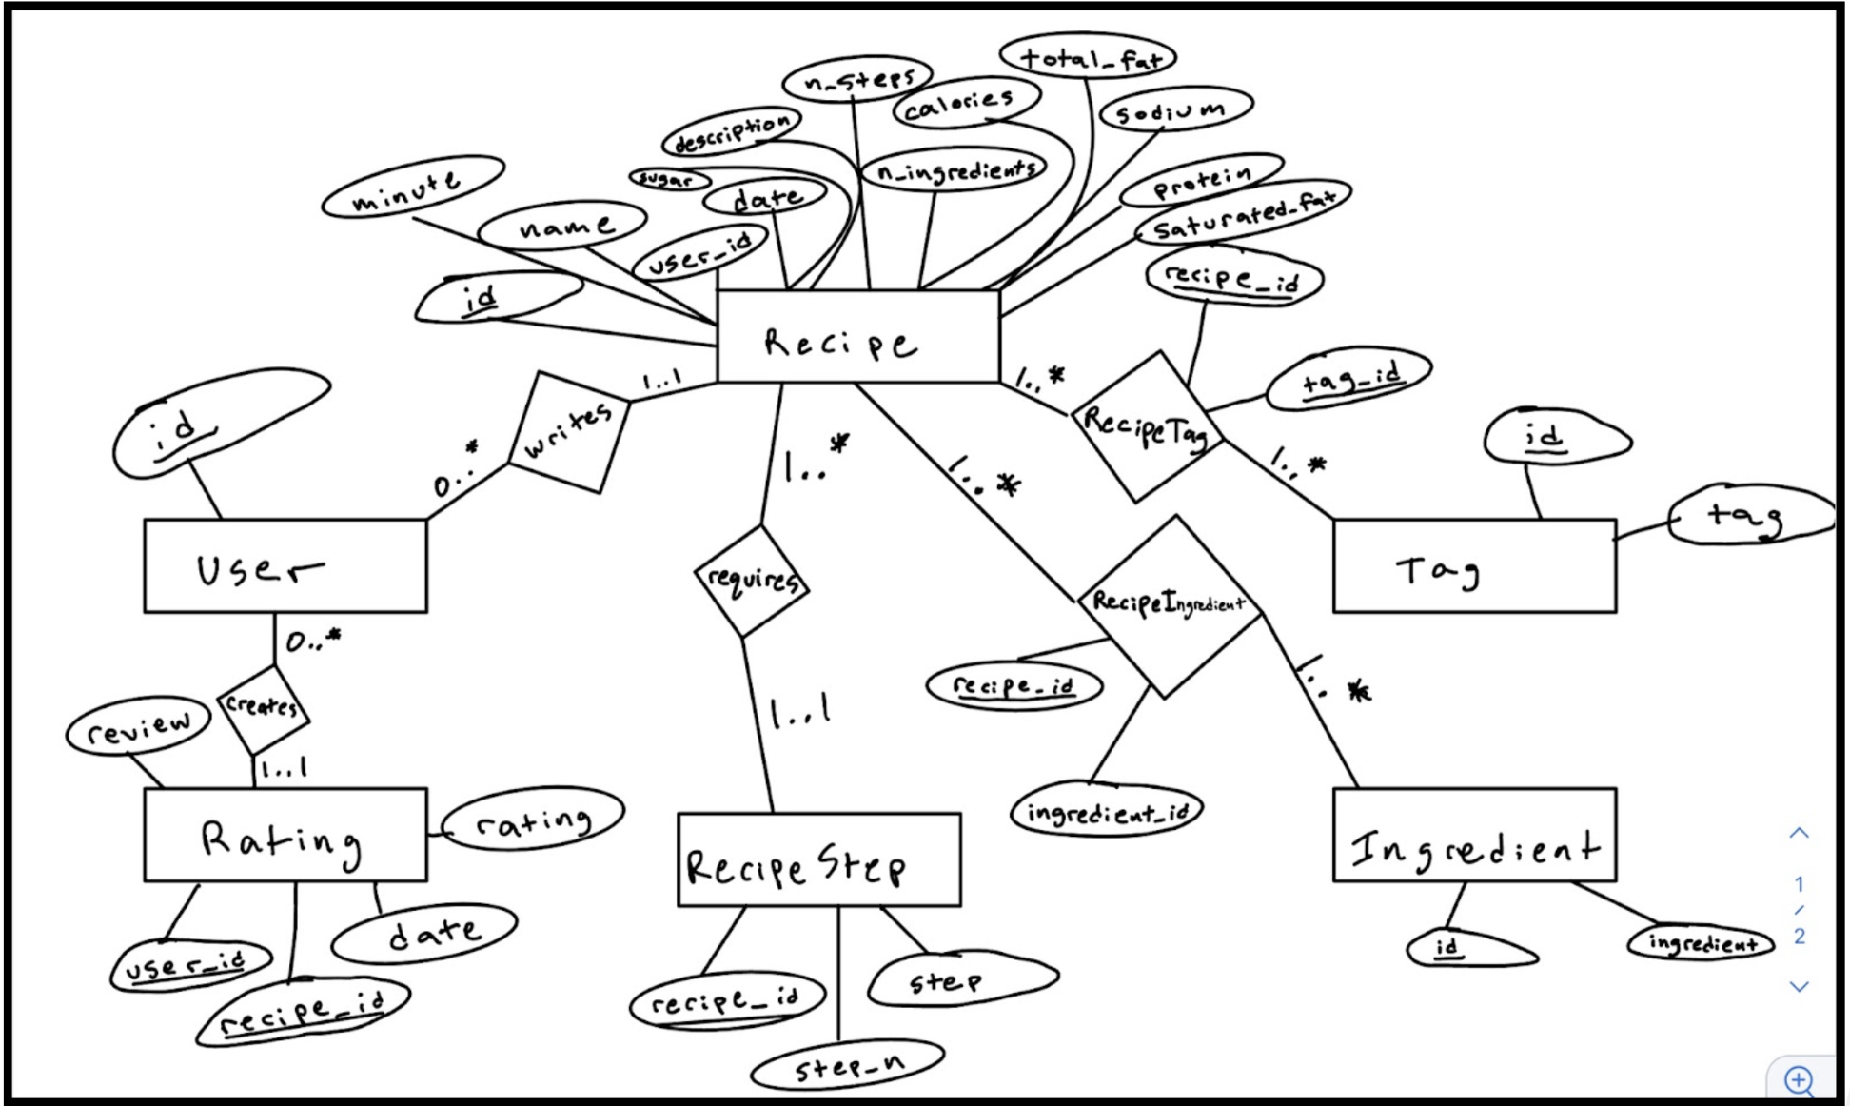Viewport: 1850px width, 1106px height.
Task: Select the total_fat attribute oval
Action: click(1088, 57)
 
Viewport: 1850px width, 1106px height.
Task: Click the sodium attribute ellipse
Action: click(1176, 110)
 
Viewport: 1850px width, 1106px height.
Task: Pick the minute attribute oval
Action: click(413, 188)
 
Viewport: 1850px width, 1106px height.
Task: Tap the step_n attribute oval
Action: click(848, 1065)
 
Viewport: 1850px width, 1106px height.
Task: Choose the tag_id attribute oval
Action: click(1349, 381)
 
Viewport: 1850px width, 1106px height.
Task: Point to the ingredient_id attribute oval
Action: click(1107, 811)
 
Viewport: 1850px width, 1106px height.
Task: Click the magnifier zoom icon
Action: click(1799, 1079)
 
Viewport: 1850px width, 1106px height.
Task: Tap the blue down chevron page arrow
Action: click(1799, 986)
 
